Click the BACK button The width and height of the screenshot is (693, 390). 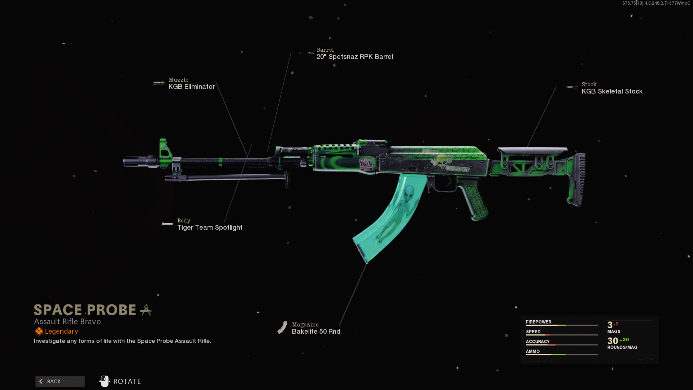click(x=60, y=381)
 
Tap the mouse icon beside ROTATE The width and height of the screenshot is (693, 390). click(x=105, y=381)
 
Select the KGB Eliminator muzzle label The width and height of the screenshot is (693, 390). click(x=191, y=87)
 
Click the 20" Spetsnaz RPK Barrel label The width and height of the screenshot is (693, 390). click(x=354, y=57)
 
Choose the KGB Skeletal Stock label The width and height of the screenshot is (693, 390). click(x=612, y=91)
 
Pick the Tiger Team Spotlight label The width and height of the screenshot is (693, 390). click(x=210, y=227)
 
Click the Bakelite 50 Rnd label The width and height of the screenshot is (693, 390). click(x=316, y=331)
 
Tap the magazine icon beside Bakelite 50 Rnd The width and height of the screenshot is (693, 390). click(x=282, y=328)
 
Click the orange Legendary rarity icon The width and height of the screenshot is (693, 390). click(x=39, y=331)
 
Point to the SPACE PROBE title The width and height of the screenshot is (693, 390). click(x=85, y=310)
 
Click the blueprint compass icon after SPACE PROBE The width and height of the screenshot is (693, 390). click(x=146, y=310)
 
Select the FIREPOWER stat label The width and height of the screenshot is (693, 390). click(x=539, y=322)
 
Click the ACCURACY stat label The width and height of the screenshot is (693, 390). click(x=537, y=341)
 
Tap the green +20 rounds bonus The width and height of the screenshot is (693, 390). click(x=624, y=340)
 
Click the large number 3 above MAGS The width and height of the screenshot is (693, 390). click(x=610, y=325)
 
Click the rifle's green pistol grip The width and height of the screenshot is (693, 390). click(x=475, y=200)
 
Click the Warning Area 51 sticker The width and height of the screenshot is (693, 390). click(x=366, y=164)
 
